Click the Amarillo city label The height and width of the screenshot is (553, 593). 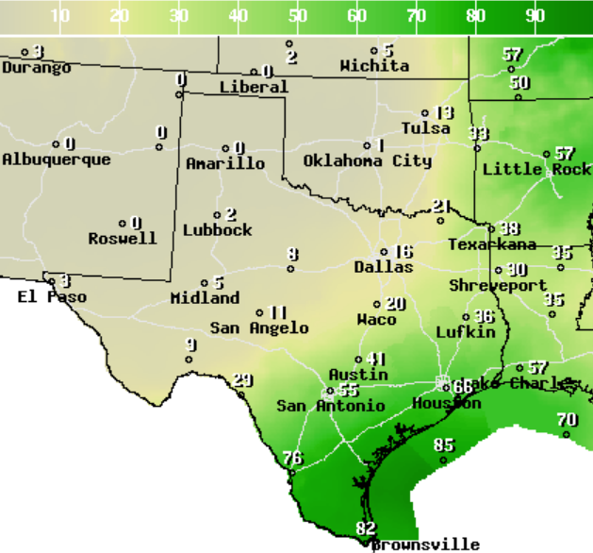coord(225,164)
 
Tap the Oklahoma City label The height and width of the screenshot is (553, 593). coord(367,161)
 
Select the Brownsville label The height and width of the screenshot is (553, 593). coord(425,545)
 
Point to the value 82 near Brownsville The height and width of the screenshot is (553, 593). coord(365,528)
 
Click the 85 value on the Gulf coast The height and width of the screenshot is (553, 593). coord(444,445)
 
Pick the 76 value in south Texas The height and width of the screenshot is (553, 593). coord(293,459)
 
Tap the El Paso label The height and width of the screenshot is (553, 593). coord(52,297)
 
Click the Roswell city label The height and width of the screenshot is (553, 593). coord(123,239)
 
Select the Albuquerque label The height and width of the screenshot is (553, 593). coord(56,159)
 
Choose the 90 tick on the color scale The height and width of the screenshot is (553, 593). coord(535,16)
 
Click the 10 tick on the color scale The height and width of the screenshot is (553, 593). coord(59,16)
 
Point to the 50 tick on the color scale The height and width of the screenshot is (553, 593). coord(297,16)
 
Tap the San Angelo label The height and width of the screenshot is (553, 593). coord(259,328)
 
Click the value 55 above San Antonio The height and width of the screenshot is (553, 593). coord(348,391)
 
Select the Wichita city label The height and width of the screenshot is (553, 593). coord(374,66)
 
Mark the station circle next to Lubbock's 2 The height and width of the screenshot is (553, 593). coord(217,215)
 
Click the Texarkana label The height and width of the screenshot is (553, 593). coord(491,244)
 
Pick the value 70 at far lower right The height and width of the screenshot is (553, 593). coord(567,420)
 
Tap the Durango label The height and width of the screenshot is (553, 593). coord(36,68)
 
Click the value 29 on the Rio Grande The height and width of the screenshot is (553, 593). coord(243,380)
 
